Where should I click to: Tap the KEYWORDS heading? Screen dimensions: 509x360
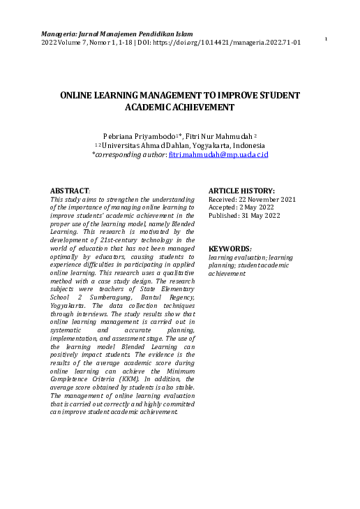(230, 249)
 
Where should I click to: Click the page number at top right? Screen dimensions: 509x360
(326, 39)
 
